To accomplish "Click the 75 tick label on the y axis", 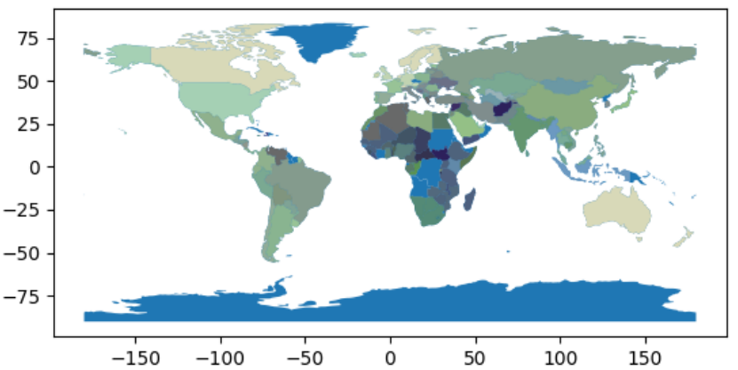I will (34, 38).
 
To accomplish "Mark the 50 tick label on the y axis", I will (34, 82).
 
